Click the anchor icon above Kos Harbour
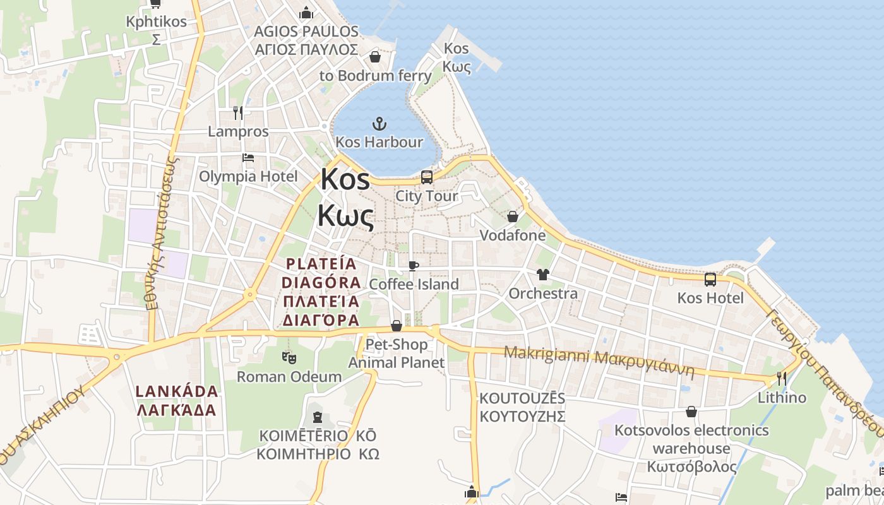click(x=379, y=122)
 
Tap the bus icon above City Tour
click(x=427, y=177)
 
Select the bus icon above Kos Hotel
click(x=710, y=279)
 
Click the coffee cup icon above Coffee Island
click(x=414, y=266)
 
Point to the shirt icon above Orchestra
click(x=542, y=275)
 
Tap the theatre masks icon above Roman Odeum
click(x=289, y=358)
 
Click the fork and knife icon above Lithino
click(x=782, y=379)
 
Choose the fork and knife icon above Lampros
click(x=238, y=113)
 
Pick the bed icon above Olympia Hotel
click(x=248, y=157)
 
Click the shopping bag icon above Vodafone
click(x=512, y=217)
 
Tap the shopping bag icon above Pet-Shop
click(x=397, y=326)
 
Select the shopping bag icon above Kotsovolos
click(x=692, y=412)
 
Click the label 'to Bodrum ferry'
click(x=375, y=76)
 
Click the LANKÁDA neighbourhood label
click(x=177, y=400)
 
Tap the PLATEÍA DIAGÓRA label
click(x=321, y=292)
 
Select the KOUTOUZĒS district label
click(x=522, y=407)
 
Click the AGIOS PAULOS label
click(x=306, y=40)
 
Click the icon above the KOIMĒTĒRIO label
click(x=317, y=417)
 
